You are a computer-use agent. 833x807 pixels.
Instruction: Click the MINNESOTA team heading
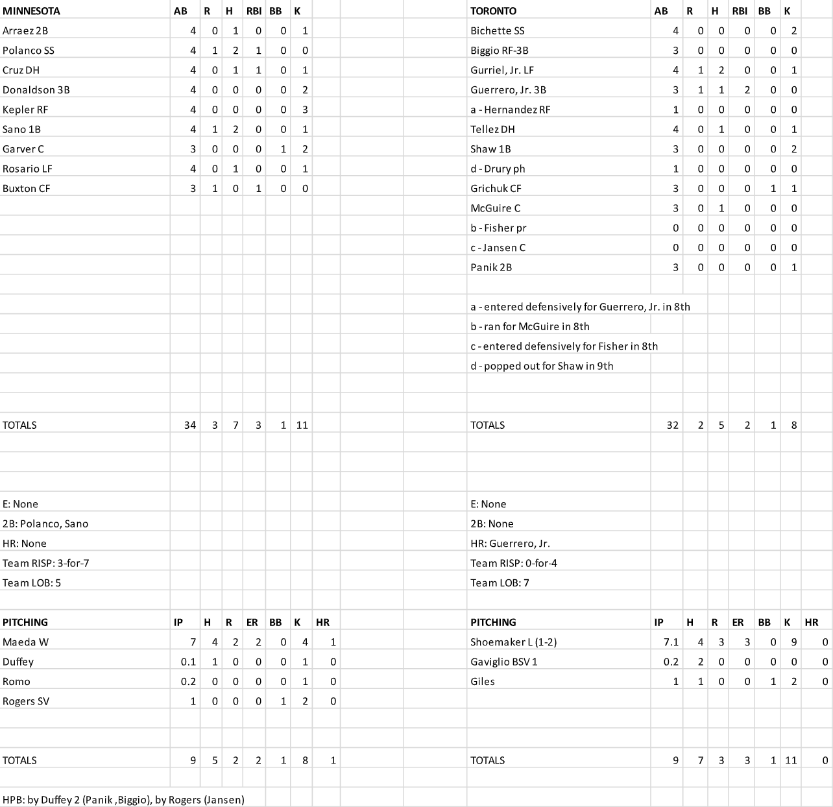pos(31,11)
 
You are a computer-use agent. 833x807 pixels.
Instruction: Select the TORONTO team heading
pos(493,11)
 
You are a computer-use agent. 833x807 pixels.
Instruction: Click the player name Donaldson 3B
pos(36,90)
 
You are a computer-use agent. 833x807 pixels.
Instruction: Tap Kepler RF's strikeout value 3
pos(305,110)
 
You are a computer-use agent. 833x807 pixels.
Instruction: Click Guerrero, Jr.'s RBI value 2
pos(747,90)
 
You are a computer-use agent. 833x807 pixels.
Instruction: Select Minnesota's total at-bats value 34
pos(189,426)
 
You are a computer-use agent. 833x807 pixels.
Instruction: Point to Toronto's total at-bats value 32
pos(672,426)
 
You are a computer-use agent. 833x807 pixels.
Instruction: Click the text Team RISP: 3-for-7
pos(46,563)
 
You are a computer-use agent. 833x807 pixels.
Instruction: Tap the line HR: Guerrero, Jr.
pos(510,544)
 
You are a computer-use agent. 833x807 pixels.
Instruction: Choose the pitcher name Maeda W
pos(26,642)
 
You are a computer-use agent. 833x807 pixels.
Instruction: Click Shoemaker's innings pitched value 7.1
pos(671,642)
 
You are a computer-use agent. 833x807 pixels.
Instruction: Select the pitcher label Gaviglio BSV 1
pos(504,662)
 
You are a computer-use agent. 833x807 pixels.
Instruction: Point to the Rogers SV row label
pos(26,701)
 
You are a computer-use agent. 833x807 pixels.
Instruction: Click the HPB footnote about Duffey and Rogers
pos(123,800)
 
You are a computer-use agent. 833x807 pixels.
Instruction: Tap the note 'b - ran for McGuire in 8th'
pos(530,327)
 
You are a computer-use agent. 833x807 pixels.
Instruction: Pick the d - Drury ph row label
pos(498,169)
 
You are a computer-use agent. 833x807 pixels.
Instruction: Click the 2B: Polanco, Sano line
pos(45,524)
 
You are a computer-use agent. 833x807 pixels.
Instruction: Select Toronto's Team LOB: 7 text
pos(500,583)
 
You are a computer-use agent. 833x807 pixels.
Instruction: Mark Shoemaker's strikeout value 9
pos(793,642)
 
